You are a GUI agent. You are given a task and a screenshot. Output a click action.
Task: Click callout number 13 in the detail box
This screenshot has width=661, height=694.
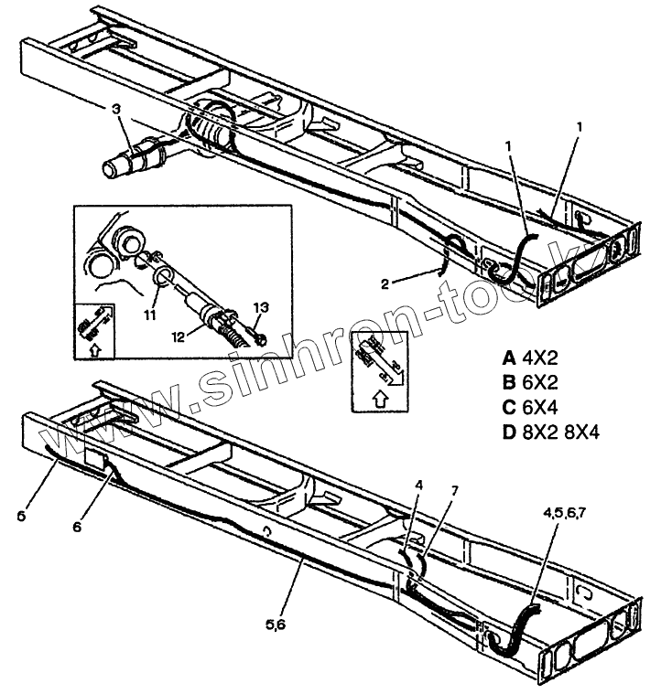[260, 306]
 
